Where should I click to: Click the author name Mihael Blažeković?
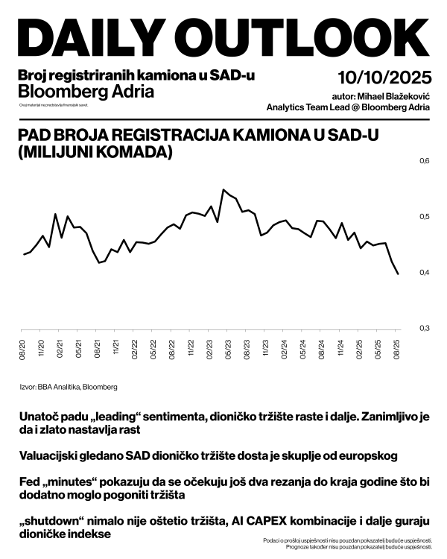click(393, 96)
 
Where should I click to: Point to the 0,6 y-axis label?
click(425, 161)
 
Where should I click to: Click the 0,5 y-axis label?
click(425, 217)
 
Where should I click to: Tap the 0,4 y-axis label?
click(425, 273)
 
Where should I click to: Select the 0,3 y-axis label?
click(425, 329)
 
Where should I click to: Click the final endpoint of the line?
click(398, 274)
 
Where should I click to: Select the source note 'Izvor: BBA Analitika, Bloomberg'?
click(69, 387)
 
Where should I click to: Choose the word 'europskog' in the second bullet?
click(371, 455)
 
